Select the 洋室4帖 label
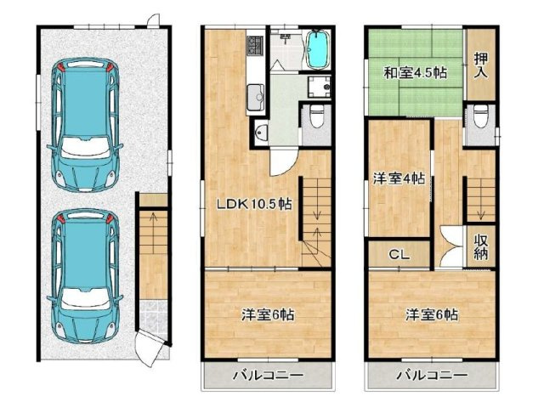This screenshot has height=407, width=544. coord(399,179)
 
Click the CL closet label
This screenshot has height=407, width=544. coord(398,253)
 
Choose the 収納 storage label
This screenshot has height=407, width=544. coord(481,246)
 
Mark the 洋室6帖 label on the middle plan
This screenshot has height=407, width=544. coord(267,314)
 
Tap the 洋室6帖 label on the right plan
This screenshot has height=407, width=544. coord(431,314)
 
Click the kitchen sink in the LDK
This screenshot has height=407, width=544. coord(256,96)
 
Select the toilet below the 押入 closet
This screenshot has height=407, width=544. coord(481,115)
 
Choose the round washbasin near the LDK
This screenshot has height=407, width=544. coord(261,132)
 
